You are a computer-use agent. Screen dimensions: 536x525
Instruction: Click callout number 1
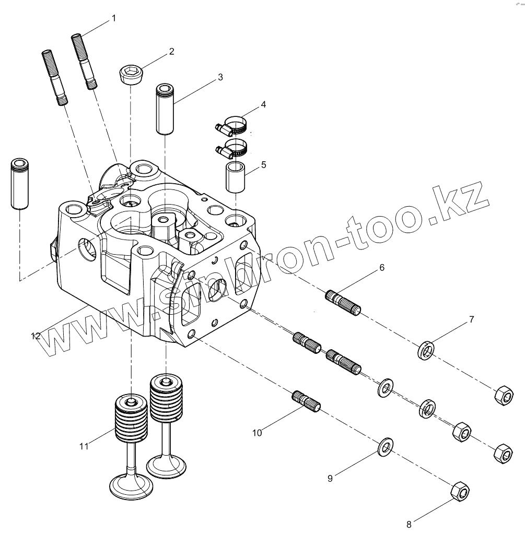(114, 18)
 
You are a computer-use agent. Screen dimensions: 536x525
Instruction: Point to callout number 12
(36, 336)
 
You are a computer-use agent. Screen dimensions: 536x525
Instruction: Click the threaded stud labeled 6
(343, 304)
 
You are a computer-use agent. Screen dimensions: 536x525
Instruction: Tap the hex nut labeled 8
(460, 491)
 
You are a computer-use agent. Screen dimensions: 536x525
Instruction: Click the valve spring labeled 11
(130, 418)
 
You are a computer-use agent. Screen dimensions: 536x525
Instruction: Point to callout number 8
(409, 525)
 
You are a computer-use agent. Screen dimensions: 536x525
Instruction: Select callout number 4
(263, 104)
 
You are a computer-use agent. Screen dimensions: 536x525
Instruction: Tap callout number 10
(256, 432)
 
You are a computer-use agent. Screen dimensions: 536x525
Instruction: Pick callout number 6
(382, 267)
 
